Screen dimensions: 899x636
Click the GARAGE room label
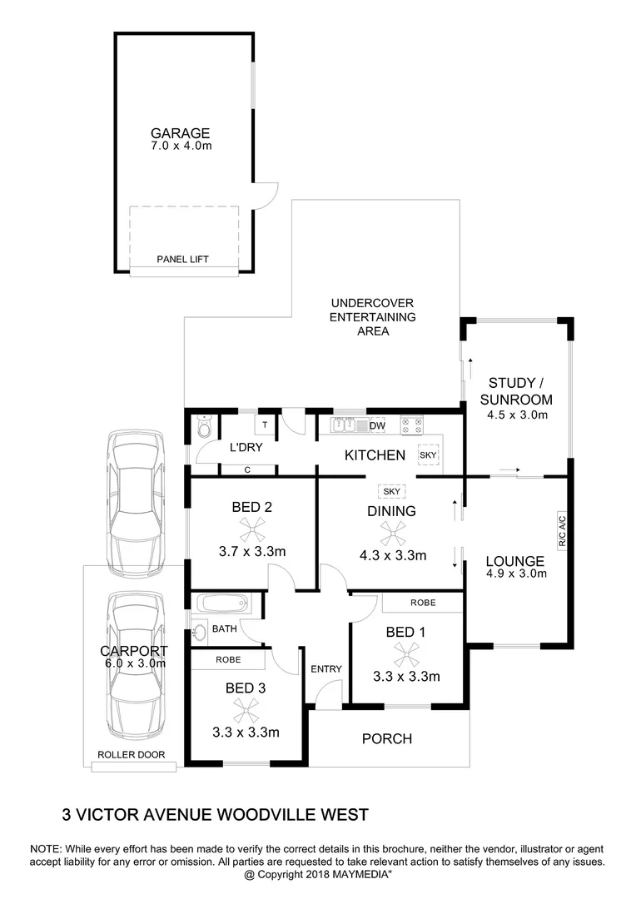180,133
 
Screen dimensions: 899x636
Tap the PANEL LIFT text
183,260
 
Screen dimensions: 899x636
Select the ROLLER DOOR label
131,755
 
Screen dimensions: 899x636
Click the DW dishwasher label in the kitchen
377,425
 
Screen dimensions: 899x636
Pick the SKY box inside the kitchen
427,456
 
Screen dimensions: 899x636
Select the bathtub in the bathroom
221,602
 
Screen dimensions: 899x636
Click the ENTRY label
325,668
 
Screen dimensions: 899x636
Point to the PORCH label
387,738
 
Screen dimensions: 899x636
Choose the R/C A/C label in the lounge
561,531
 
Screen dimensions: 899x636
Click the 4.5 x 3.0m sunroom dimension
516,415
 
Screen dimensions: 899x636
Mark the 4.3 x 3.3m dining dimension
393,555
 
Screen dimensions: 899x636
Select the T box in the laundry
264,425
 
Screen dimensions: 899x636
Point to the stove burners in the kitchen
411,425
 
